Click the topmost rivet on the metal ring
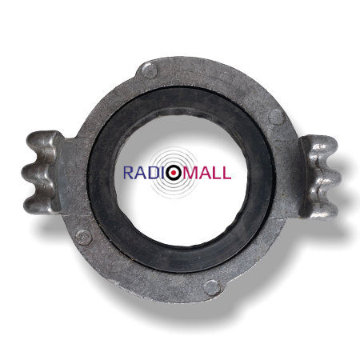tap(150, 70)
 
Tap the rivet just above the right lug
tap(276, 117)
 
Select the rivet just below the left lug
tap(83, 237)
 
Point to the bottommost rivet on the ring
tap(213, 288)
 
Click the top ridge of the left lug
tap(42, 142)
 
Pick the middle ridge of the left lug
tap(38, 174)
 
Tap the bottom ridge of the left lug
tap(40, 204)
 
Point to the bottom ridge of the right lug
tap(322, 208)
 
